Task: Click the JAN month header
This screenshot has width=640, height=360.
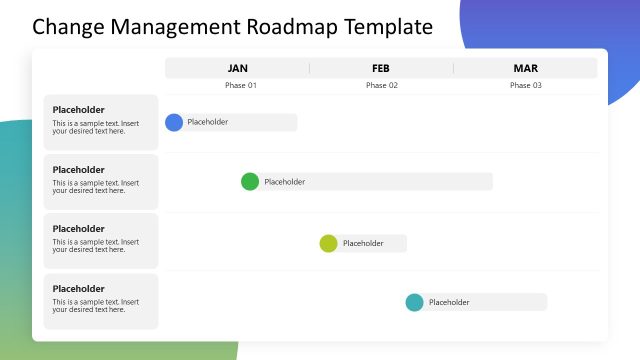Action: pyautogui.click(x=238, y=68)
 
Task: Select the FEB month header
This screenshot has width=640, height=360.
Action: pyautogui.click(x=381, y=68)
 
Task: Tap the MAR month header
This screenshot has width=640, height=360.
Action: pyautogui.click(x=526, y=68)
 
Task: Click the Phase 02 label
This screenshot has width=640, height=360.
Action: pyautogui.click(x=381, y=85)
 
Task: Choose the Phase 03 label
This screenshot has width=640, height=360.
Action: pyautogui.click(x=526, y=85)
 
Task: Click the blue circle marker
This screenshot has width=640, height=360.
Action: pyautogui.click(x=174, y=122)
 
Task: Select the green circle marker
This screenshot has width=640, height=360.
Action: pyautogui.click(x=250, y=181)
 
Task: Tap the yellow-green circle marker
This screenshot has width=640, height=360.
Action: pyautogui.click(x=328, y=243)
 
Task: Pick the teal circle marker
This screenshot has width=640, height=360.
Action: pyautogui.click(x=414, y=302)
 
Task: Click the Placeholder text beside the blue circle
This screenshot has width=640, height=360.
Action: pyautogui.click(x=208, y=122)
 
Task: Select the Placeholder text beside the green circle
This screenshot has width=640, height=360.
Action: pyautogui.click(x=285, y=182)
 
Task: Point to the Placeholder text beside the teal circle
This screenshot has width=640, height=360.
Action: pyautogui.click(x=449, y=302)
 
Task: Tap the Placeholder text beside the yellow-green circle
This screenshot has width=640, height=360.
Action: pyautogui.click(x=363, y=243)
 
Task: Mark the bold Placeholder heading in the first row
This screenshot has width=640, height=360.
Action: pyautogui.click(x=79, y=110)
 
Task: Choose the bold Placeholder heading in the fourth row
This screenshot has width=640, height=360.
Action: pyautogui.click(x=79, y=289)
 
